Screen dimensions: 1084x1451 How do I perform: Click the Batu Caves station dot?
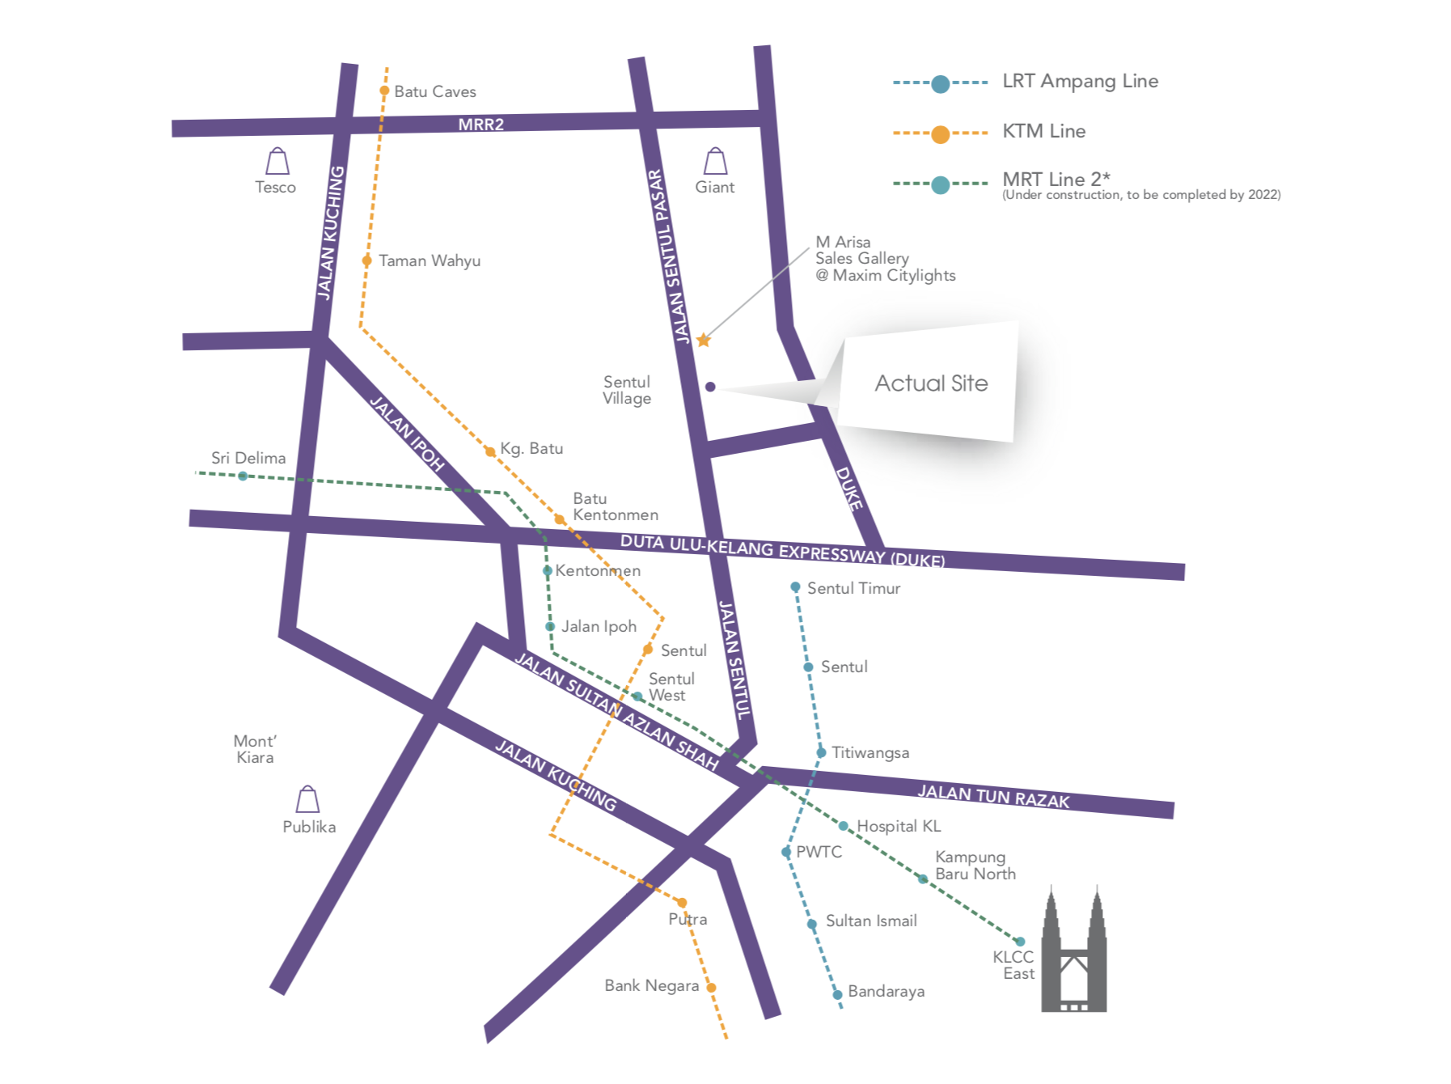coord(385,91)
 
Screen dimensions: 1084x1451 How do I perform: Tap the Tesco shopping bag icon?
coord(277,162)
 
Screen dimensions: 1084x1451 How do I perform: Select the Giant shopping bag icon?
coord(715,162)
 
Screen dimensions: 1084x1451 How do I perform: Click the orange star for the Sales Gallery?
coord(704,341)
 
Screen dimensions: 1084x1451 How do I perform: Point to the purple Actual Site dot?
coord(710,387)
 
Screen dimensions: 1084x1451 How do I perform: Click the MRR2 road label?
coord(480,124)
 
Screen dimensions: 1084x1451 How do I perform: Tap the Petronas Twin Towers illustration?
coord(1073,955)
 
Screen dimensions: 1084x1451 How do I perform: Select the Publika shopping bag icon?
coord(307,800)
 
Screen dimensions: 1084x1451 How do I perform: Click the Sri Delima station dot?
coord(243,476)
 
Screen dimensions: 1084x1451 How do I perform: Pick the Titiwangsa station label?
coord(870,753)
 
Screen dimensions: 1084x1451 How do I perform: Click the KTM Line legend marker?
coord(940,133)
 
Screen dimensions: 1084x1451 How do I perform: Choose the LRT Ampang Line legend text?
coord(1080,81)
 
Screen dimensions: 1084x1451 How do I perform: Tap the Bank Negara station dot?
coord(711,987)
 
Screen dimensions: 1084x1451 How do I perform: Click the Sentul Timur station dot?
coord(795,587)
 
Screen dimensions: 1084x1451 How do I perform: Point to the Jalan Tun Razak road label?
coord(993,797)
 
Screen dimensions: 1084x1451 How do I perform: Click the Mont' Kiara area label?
coord(255,750)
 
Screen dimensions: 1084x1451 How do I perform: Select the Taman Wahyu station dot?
coord(367,260)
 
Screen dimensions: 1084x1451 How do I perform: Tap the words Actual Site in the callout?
coord(931,383)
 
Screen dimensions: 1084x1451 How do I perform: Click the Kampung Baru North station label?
coord(975,866)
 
